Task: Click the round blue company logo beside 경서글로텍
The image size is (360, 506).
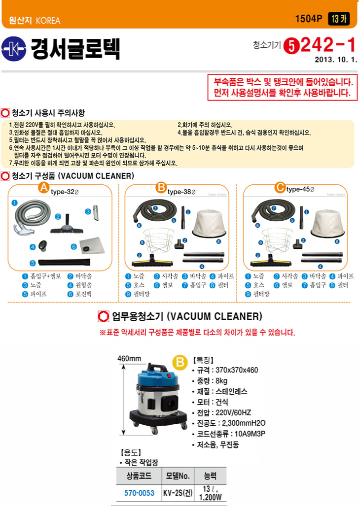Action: [x=13, y=49]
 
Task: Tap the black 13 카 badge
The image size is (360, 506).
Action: [x=339, y=19]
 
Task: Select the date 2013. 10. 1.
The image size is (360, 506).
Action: [x=336, y=60]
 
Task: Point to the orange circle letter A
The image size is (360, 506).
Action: [x=43, y=188]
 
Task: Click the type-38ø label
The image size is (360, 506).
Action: [x=181, y=192]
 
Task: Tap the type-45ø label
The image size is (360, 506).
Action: [x=300, y=189]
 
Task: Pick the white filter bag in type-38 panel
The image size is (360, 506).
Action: [x=209, y=223]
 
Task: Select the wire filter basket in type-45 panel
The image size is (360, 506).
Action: [x=277, y=240]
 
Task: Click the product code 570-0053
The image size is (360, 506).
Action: [x=139, y=493]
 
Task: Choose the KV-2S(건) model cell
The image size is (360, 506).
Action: [x=178, y=493]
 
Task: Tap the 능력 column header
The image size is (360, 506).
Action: [x=210, y=475]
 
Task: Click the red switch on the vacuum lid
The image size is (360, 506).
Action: [x=167, y=375]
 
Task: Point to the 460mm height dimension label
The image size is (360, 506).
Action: [x=129, y=359]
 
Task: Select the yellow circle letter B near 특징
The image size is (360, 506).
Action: [x=180, y=362]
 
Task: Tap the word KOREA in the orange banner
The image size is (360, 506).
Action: [x=48, y=21]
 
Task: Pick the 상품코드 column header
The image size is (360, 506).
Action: [x=139, y=475]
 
